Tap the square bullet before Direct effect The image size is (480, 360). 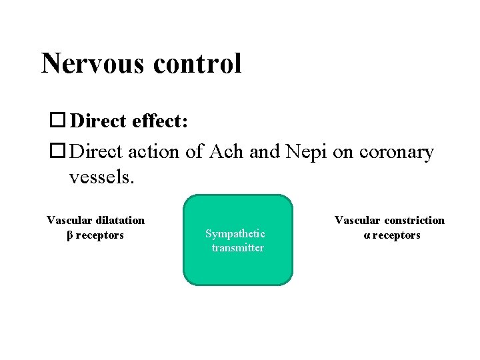point(58,121)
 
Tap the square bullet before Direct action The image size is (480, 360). point(58,152)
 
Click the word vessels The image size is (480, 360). point(101,177)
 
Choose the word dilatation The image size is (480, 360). point(120,220)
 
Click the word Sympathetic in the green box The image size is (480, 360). point(235,233)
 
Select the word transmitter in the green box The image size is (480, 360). point(237,248)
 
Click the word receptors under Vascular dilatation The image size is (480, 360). point(99,235)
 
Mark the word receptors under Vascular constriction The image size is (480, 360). point(396,235)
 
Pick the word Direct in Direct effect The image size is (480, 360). point(98,121)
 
